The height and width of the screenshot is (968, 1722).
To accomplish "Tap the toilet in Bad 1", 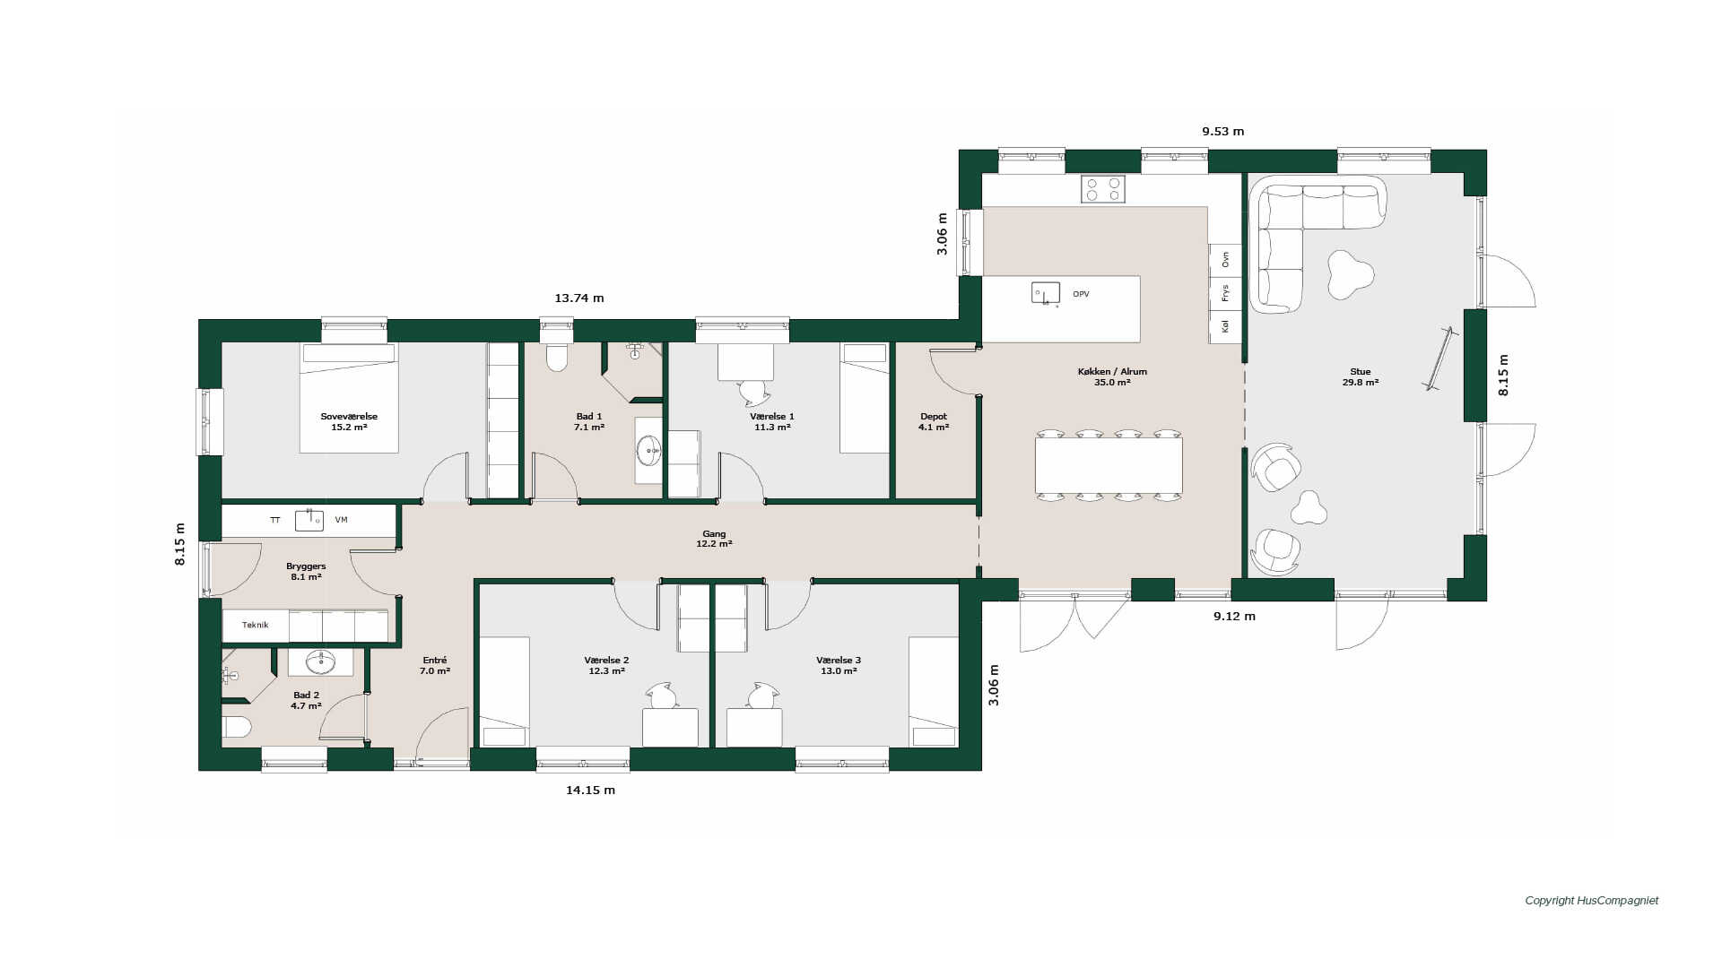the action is [557, 357].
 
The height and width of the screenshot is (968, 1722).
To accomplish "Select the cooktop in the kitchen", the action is [1102, 188].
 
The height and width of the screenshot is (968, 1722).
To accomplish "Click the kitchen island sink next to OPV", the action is [1045, 293].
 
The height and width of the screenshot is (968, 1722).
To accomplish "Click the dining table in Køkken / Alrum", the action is [1109, 464].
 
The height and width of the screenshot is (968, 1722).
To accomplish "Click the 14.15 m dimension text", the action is [590, 790].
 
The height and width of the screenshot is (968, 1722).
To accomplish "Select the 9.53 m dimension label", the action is [1223, 131].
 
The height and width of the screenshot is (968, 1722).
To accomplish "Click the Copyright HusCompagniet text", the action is [1592, 901].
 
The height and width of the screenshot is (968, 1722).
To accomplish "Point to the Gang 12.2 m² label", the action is [714, 539].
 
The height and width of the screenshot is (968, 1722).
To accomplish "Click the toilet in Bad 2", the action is [236, 726].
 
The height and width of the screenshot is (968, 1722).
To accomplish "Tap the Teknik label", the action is [256, 625].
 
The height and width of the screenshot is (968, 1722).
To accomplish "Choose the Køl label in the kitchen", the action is [1225, 327].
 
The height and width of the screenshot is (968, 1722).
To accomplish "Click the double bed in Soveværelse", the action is [349, 398].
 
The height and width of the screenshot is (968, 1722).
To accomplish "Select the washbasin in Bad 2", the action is [320, 662].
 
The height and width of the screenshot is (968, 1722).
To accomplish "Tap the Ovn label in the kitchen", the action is [1225, 259].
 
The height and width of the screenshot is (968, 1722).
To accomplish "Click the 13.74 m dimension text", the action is [579, 298].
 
